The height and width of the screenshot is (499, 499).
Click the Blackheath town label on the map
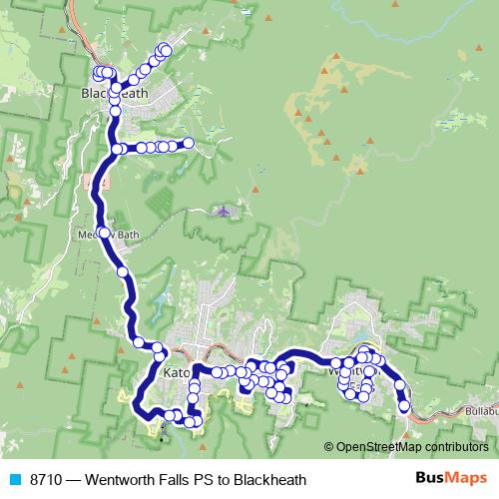pyautogui.click(x=114, y=94)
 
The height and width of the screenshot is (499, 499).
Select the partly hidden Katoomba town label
pyautogui.click(x=176, y=373)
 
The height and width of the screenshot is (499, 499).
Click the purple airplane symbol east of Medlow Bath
pyautogui.click(x=226, y=212)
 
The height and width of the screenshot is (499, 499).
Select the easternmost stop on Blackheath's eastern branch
pyautogui.click(x=187, y=144)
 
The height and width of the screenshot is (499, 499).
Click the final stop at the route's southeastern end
pyautogui.click(x=404, y=406)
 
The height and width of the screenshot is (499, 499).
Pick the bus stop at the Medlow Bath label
pyautogui.click(x=104, y=234)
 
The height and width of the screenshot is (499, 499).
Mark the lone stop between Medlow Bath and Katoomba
pyautogui.click(x=122, y=270)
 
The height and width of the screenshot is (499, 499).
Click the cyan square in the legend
pyautogui.click(x=14, y=479)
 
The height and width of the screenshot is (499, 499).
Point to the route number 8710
pyautogui.click(x=47, y=479)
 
